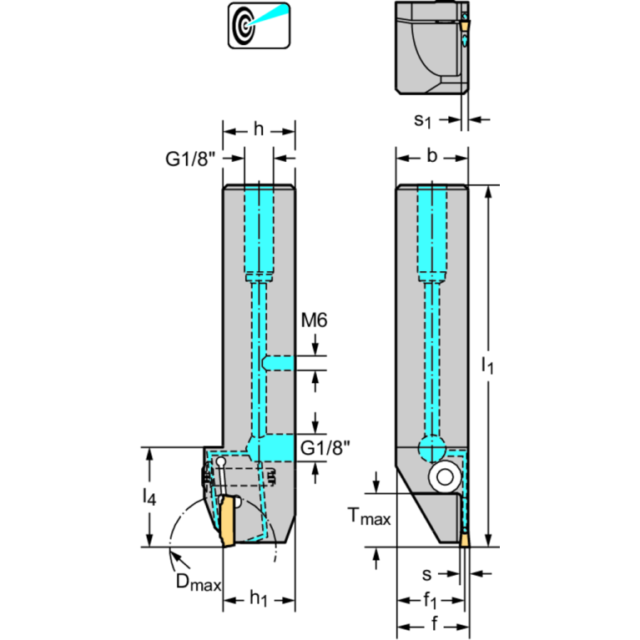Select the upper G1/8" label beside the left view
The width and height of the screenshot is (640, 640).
click(190, 159)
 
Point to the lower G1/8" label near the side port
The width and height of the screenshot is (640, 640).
click(325, 449)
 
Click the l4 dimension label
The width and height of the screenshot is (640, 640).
click(148, 498)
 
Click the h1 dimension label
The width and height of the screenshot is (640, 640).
click(260, 599)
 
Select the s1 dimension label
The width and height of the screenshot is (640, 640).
click(424, 120)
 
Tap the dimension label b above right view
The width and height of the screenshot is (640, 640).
click(431, 155)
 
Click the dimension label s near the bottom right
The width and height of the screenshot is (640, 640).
click(428, 573)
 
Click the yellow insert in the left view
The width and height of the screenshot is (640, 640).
click(225, 522)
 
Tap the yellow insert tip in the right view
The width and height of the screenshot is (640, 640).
click(464, 542)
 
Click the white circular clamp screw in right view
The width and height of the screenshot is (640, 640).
click(441, 477)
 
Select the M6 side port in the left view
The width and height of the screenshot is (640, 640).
click(279, 363)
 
